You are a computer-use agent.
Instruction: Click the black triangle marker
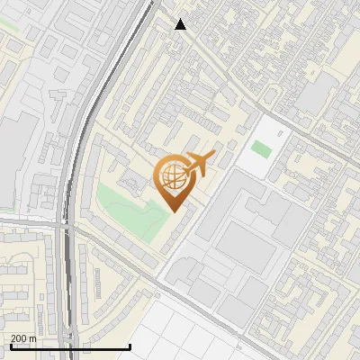pyautogui.click(x=181, y=24)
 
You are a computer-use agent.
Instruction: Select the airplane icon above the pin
pyautogui.click(x=199, y=164)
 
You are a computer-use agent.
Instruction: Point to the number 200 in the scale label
pyautogui.click(x=18, y=338)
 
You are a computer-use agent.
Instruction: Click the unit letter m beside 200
pyautogui.click(x=33, y=338)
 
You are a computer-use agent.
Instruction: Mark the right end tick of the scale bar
pyautogui.click(x=130, y=346)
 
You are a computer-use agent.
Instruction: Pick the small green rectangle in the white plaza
pyautogui.click(x=261, y=148)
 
